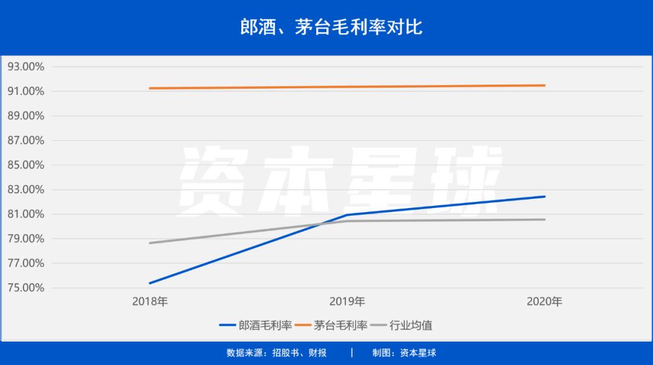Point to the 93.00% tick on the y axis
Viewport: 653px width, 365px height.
click(x=26, y=66)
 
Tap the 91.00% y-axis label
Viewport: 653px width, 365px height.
click(x=26, y=91)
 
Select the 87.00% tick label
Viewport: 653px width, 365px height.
click(x=26, y=140)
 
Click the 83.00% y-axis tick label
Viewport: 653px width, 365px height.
click(x=26, y=190)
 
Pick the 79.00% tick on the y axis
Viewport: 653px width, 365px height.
click(x=26, y=239)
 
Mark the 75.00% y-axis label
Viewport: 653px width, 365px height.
click(x=26, y=288)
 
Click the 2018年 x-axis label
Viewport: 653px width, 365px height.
click(x=150, y=301)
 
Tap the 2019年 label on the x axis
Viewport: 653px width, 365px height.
click(x=347, y=301)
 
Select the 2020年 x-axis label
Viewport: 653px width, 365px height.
click(x=544, y=301)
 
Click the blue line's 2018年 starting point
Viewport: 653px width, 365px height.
click(x=150, y=283)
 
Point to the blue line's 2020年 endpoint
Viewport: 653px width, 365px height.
click(x=544, y=196)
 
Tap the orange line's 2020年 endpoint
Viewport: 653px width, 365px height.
click(x=544, y=85)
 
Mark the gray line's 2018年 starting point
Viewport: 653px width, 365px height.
click(x=150, y=243)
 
